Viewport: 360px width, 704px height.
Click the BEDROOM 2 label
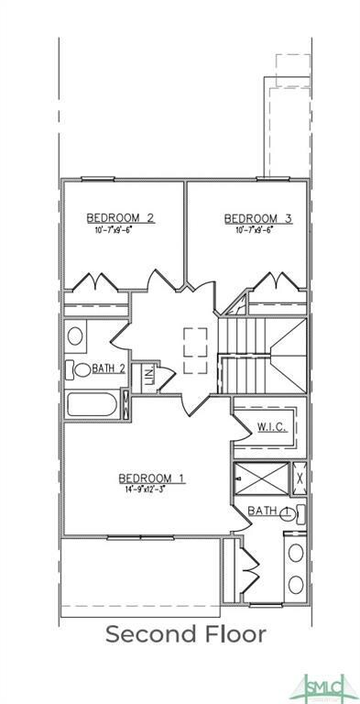[120, 217]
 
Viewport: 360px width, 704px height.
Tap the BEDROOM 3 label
[258, 217]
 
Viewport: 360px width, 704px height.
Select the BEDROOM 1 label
[152, 478]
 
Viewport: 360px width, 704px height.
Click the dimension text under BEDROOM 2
[120, 229]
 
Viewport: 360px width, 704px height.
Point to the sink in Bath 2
[75, 335]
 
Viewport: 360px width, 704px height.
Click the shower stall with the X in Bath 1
[260, 478]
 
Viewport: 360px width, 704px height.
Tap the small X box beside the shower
[300, 478]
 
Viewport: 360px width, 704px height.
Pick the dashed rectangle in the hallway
[195, 351]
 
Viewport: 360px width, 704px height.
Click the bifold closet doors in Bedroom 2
[95, 282]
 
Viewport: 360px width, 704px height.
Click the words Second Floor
[186, 633]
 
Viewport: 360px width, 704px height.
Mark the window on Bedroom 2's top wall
[124, 180]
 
